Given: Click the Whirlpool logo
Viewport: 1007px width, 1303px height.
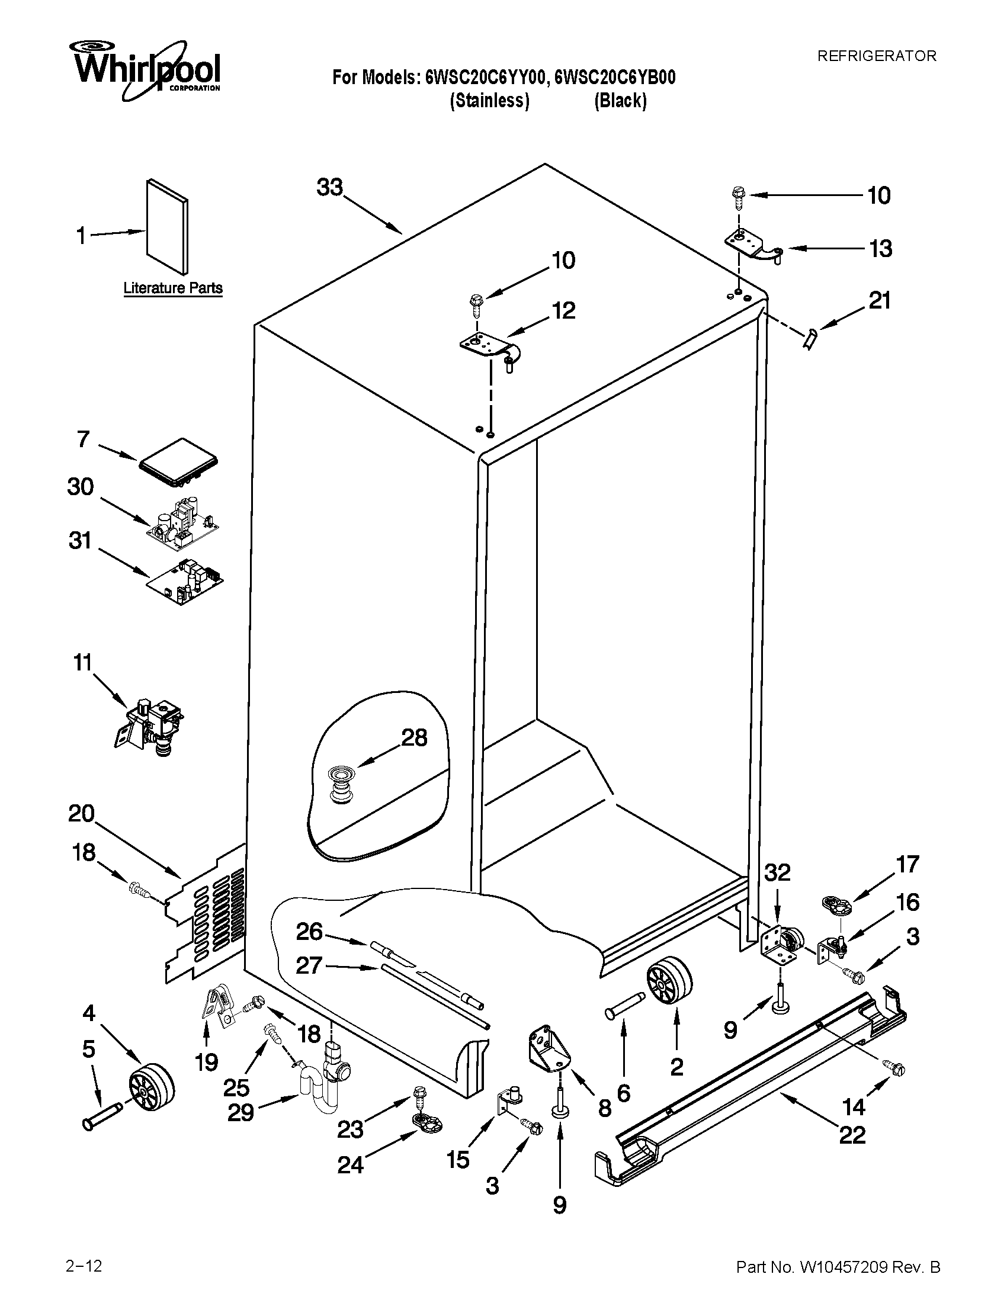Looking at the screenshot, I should point(146,69).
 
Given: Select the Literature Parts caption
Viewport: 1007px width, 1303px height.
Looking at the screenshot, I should point(173,288).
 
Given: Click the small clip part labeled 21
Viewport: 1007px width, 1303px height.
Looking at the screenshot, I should point(810,340).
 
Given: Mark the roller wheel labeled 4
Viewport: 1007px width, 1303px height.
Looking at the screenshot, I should point(152,1086).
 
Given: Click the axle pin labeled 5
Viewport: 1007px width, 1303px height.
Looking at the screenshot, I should point(102,1115).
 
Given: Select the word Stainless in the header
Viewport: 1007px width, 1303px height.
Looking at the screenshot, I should point(489,100).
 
